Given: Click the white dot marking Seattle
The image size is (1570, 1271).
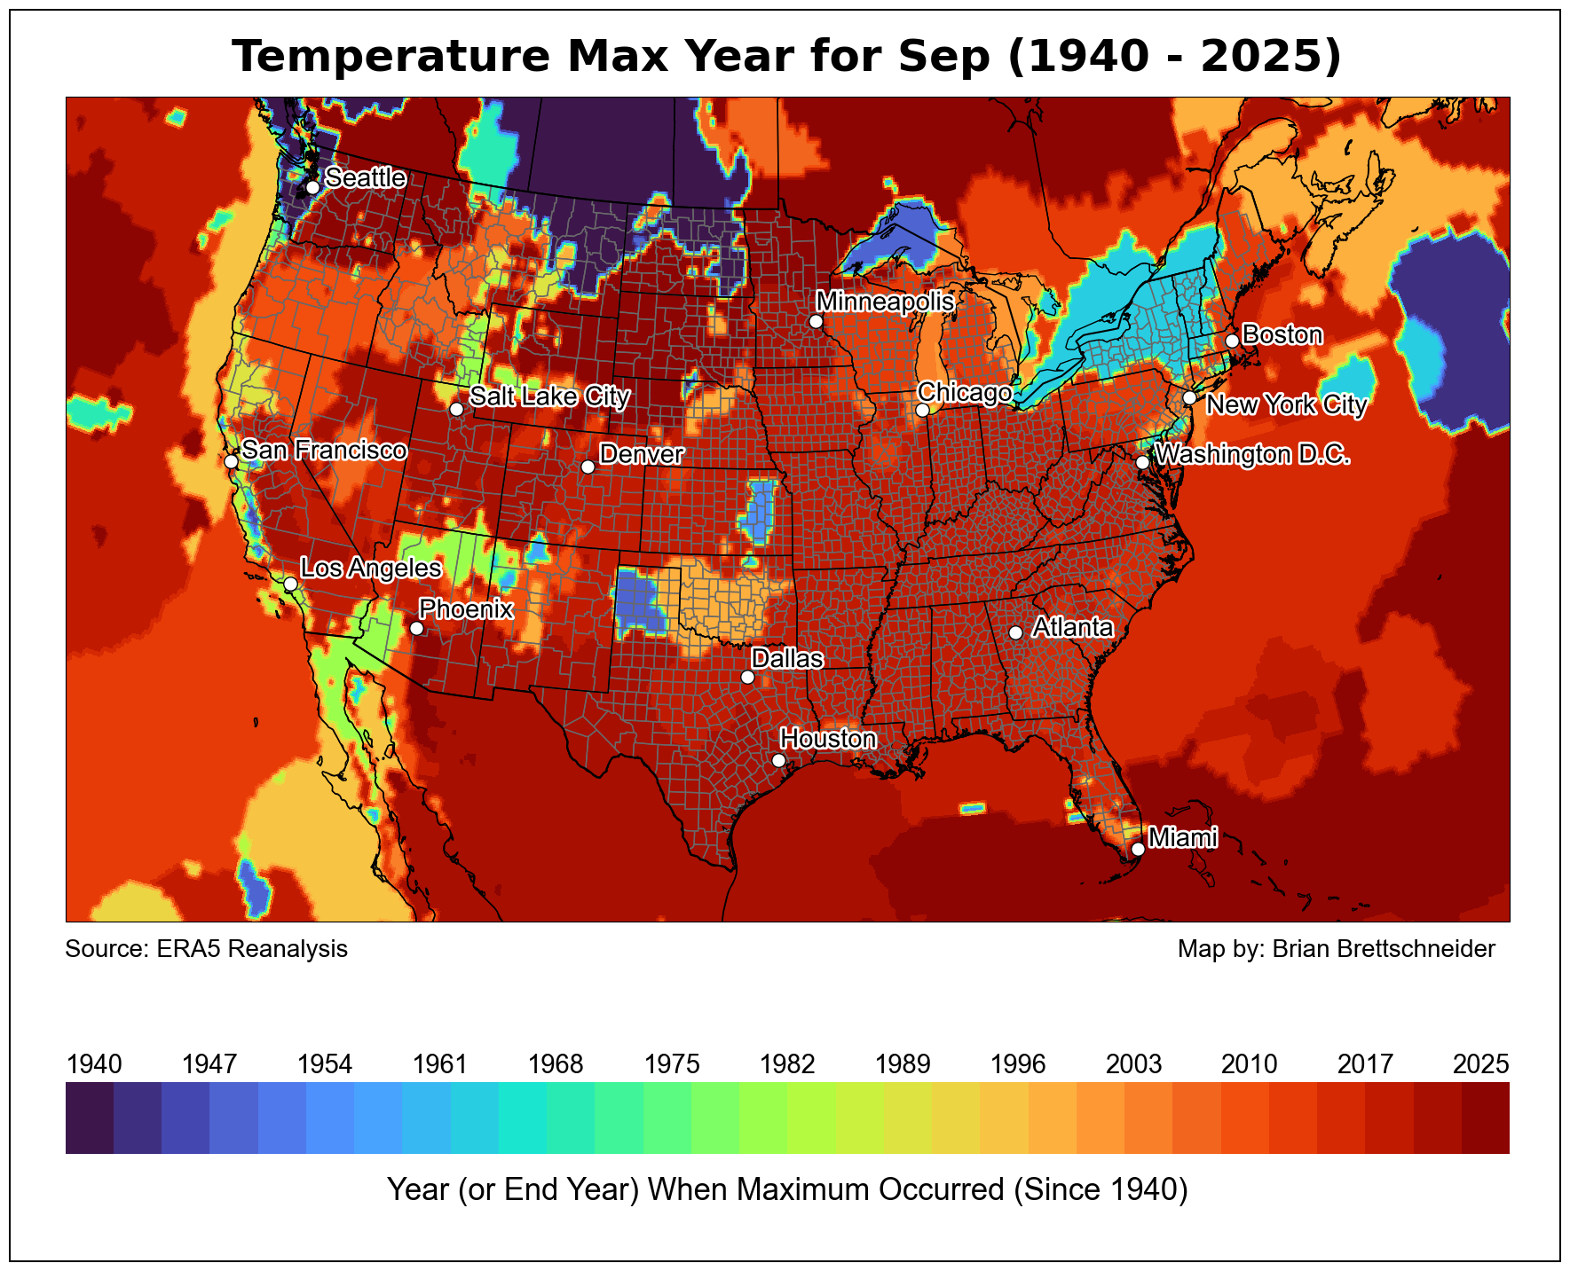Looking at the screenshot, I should (312, 188).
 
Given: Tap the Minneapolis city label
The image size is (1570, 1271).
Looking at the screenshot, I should (885, 302).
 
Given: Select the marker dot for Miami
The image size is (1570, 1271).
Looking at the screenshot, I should (1138, 849).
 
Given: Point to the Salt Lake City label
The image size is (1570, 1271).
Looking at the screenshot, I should (549, 396).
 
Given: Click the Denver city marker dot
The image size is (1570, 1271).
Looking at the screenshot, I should (588, 467).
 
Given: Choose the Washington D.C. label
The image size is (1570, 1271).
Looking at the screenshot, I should (1252, 455).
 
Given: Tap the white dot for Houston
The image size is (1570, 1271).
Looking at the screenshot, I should (778, 760).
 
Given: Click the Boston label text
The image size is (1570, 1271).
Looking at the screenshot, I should (1282, 335).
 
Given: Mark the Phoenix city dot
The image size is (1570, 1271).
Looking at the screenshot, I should (416, 628).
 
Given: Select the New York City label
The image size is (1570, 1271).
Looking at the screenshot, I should (1286, 405).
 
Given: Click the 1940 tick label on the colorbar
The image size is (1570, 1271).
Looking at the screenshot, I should (94, 1064).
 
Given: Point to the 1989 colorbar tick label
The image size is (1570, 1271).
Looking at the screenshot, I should (903, 1064).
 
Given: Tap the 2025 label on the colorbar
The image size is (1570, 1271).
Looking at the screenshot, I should (1480, 1064).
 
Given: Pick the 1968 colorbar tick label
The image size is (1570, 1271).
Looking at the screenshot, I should (556, 1064).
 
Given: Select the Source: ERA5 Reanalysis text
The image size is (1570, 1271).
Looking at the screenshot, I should (207, 950).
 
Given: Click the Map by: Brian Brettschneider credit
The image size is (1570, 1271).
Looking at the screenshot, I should (1336, 950).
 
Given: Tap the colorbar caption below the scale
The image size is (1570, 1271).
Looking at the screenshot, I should (787, 1189).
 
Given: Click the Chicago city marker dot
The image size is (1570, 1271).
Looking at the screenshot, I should (922, 410).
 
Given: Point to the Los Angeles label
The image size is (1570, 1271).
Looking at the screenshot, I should (370, 569).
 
